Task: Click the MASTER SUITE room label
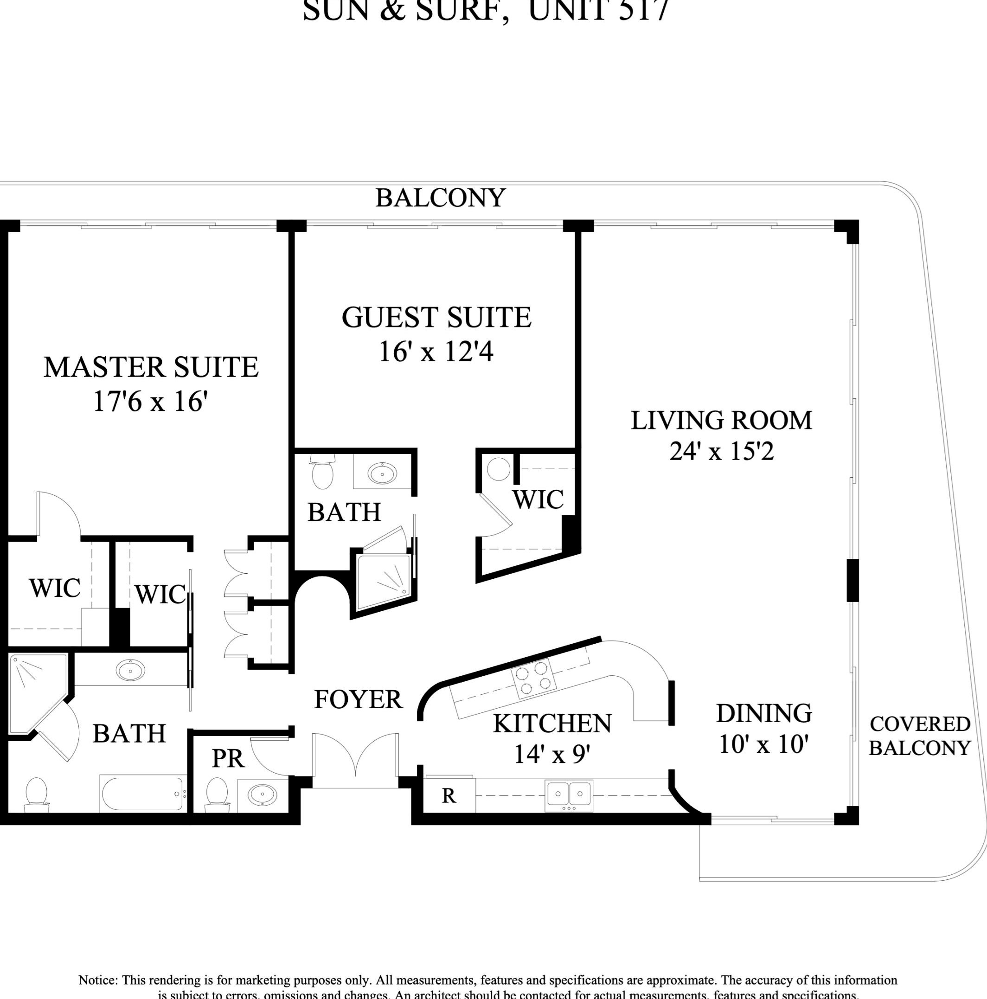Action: [150, 367]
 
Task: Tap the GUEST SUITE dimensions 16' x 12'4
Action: [436, 352]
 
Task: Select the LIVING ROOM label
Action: [721, 420]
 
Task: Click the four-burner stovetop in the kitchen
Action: [533, 678]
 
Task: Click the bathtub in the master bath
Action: [143, 794]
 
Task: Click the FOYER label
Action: [358, 699]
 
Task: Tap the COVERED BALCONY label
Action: [919, 735]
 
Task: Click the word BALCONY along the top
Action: [440, 198]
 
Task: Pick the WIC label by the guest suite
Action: [538, 499]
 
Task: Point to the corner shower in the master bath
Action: [36, 690]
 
